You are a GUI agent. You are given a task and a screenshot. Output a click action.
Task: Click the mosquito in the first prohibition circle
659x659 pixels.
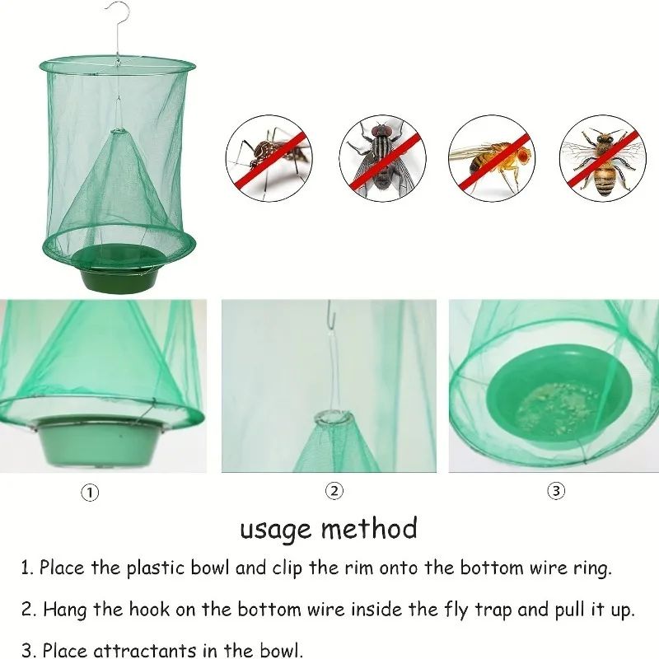[269, 157]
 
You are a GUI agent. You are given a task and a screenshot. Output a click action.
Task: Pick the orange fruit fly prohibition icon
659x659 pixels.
[491, 157]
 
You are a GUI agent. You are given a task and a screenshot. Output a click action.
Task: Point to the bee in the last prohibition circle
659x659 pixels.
[602, 157]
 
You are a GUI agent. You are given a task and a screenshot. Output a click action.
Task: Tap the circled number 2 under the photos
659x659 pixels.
[334, 491]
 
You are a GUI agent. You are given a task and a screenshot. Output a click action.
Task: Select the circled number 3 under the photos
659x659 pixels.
[557, 491]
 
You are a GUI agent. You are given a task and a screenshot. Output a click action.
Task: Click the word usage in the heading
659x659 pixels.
[276, 529]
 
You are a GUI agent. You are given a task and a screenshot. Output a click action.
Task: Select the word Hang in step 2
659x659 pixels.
[63, 610]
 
